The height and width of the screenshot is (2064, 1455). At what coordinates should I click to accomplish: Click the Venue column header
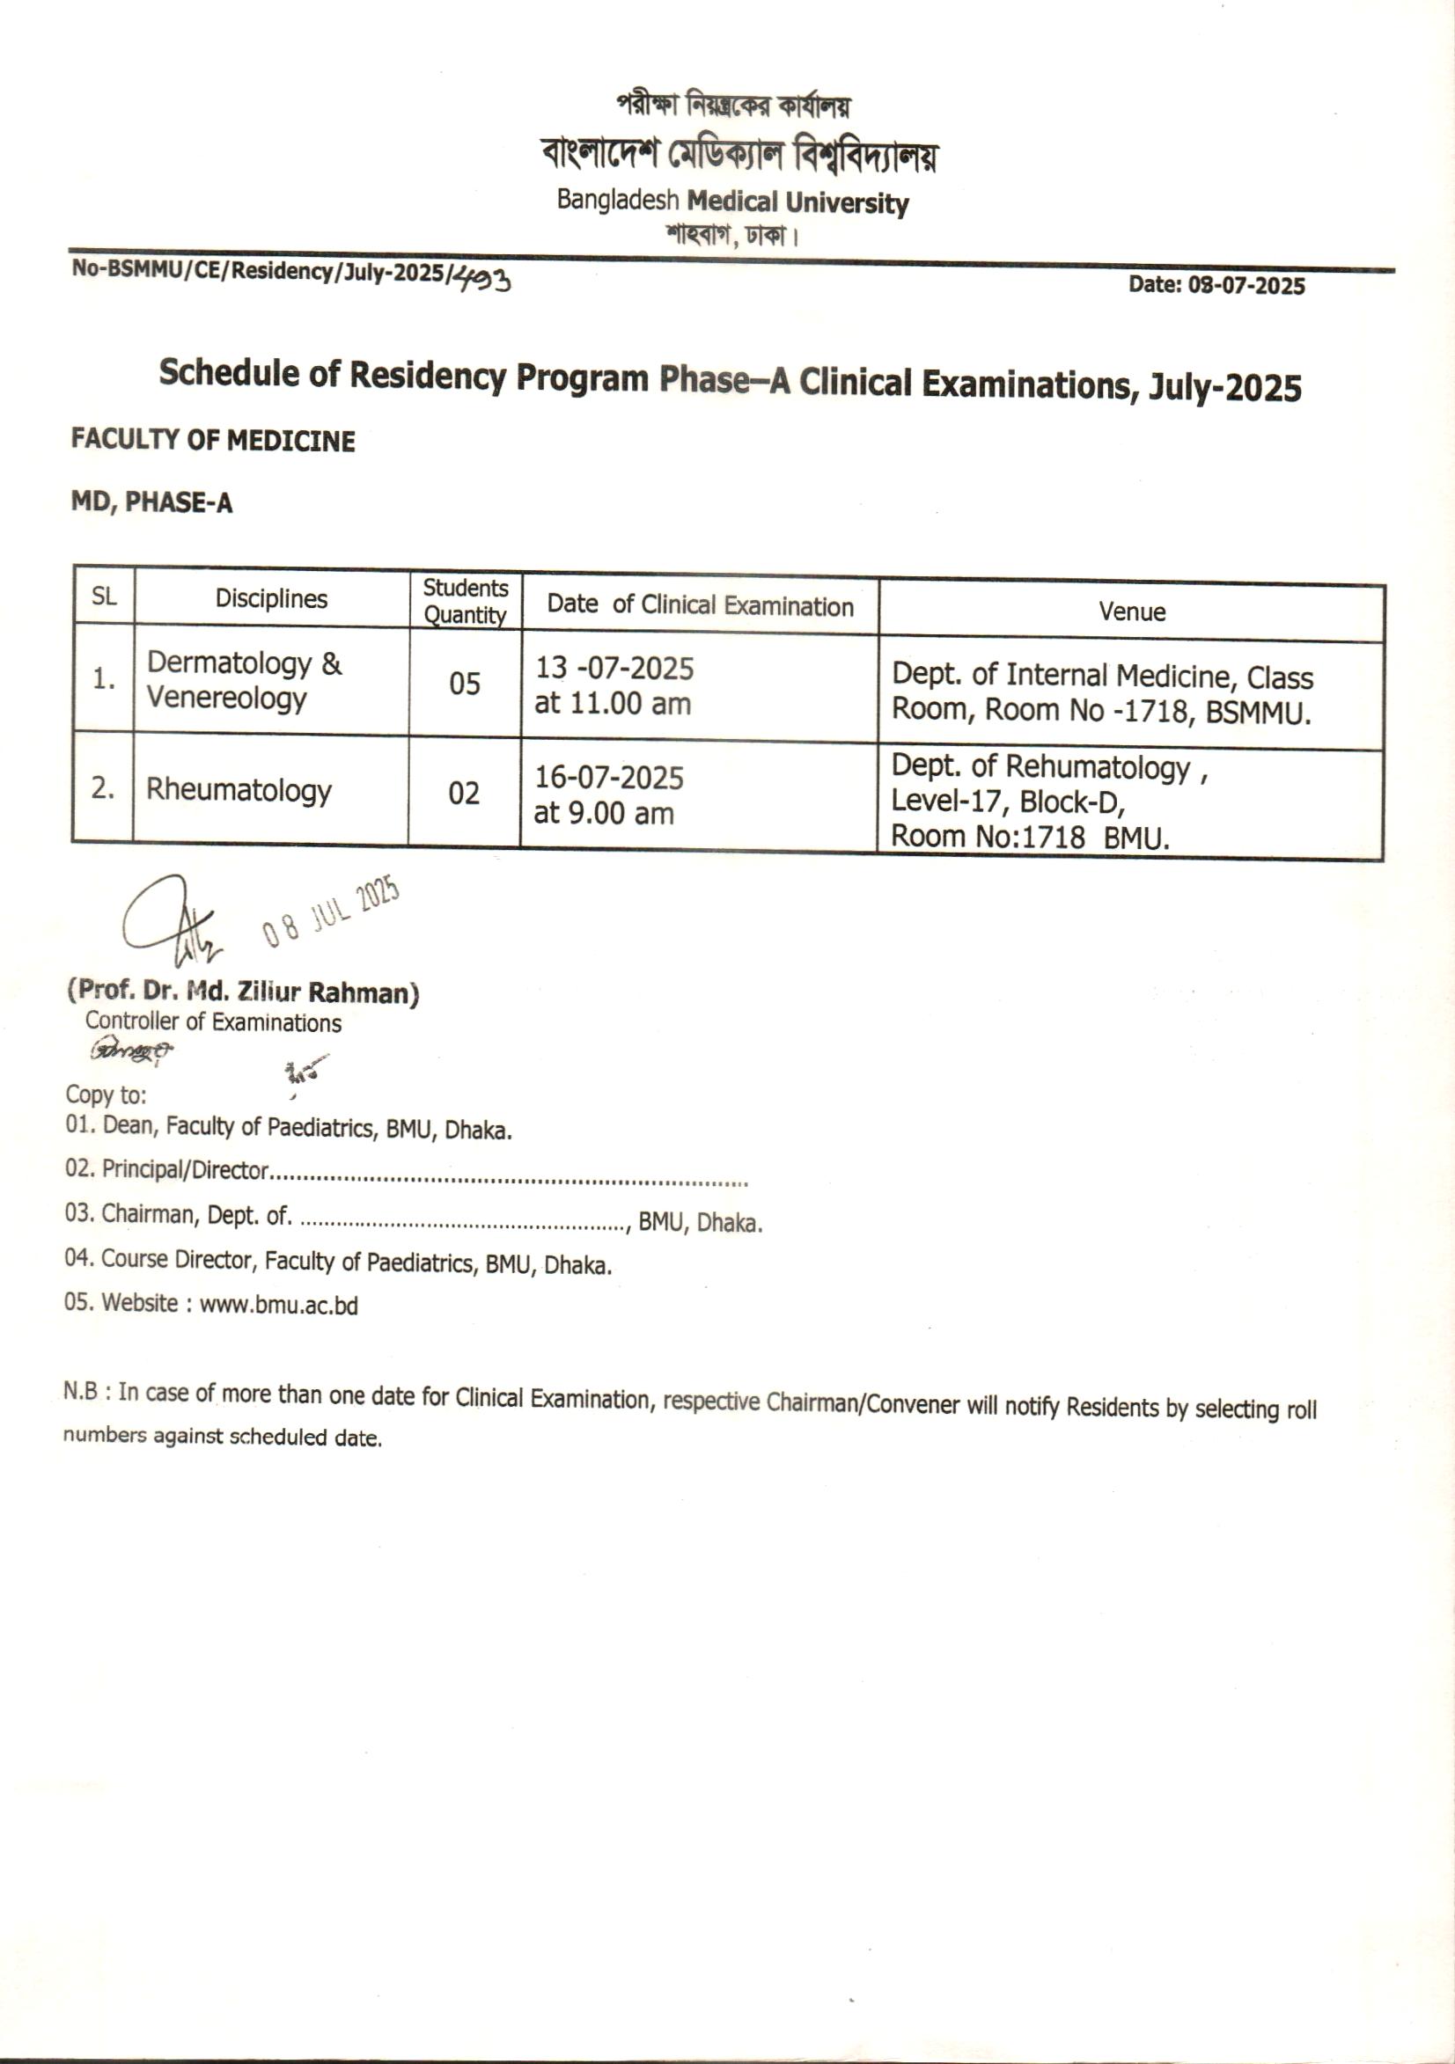click(x=1131, y=612)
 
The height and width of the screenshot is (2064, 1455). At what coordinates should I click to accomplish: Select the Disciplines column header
click(x=271, y=599)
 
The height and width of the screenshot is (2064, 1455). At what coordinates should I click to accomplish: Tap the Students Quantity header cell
click(x=465, y=601)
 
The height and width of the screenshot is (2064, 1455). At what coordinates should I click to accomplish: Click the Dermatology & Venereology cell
click(x=244, y=679)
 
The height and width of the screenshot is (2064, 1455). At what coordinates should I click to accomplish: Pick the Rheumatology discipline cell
click(x=239, y=789)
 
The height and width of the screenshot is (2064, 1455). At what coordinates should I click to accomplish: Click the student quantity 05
click(x=464, y=684)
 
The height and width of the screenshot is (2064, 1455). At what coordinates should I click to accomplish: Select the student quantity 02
click(x=463, y=793)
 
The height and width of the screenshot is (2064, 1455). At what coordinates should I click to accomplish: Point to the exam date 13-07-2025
click(x=614, y=668)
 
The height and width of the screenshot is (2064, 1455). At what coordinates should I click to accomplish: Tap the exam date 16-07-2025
click(x=609, y=778)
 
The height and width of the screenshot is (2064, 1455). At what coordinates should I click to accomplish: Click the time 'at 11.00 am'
click(x=613, y=704)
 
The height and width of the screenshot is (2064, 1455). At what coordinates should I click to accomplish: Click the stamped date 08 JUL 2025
click(x=331, y=911)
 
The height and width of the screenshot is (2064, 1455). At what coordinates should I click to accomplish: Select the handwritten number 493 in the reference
click(x=481, y=281)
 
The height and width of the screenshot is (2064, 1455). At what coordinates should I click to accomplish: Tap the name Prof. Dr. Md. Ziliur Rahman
click(x=243, y=992)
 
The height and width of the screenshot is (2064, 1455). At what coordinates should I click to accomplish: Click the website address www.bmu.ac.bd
click(x=279, y=1305)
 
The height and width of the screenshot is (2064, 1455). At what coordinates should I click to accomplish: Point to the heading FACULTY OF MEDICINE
click(x=213, y=441)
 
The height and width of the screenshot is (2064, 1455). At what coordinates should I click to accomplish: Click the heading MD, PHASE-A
click(x=151, y=502)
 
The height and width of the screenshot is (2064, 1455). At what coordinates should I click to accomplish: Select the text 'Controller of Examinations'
click(x=213, y=1022)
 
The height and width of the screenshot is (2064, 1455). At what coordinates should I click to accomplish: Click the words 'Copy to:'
click(x=106, y=1094)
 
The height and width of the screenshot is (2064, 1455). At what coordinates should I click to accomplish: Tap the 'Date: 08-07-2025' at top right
click(x=1216, y=286)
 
